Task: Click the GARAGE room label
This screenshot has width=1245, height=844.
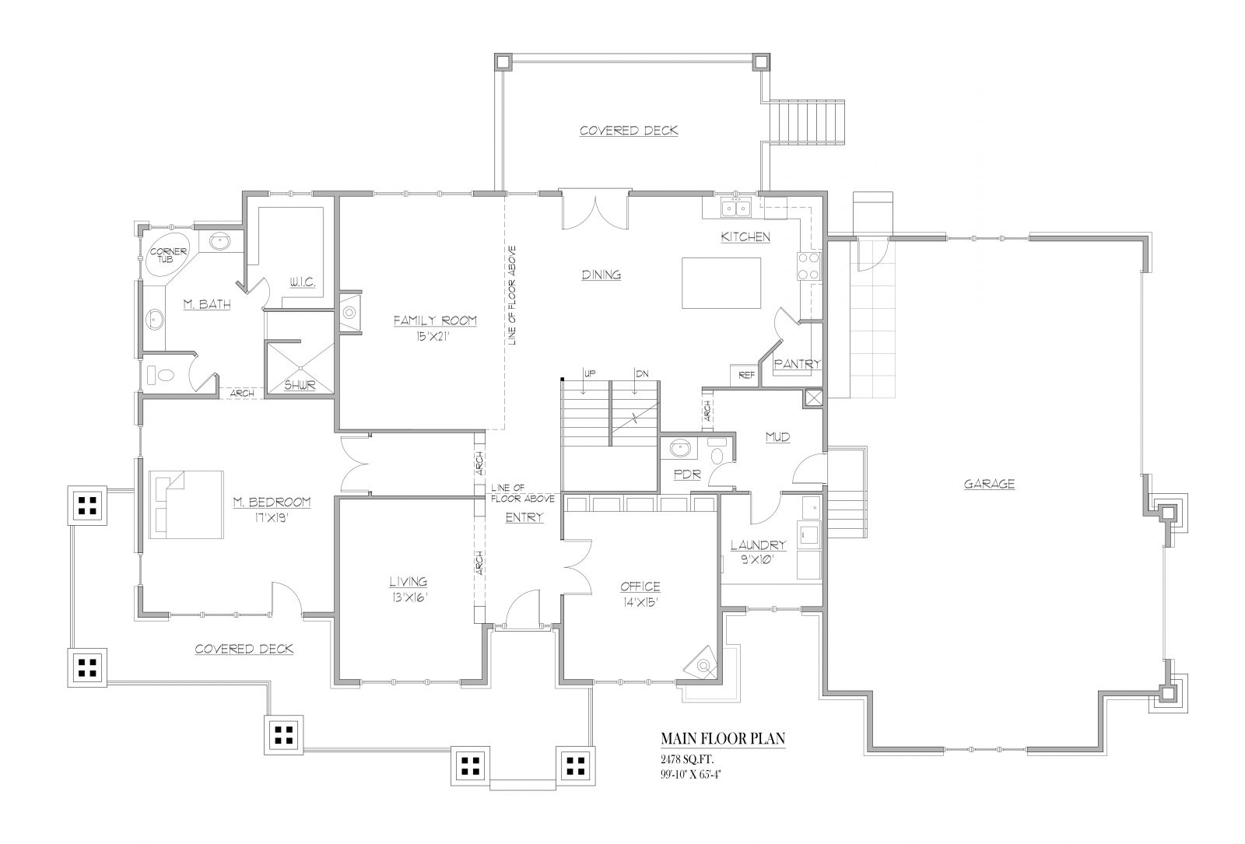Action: pos(989,484)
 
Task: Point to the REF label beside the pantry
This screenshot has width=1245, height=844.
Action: pos(746,375)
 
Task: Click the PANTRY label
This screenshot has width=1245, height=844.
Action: pos(797,363)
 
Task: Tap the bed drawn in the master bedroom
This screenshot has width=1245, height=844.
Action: pos(187,503)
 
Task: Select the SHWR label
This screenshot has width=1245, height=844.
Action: pos(300,384)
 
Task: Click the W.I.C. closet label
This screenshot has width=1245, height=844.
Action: pos(301,283)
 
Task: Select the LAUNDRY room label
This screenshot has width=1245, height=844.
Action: pos(758,545)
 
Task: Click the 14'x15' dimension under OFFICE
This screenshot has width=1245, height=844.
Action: pos(640,601)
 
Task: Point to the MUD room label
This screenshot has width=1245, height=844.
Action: pos(777,437)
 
